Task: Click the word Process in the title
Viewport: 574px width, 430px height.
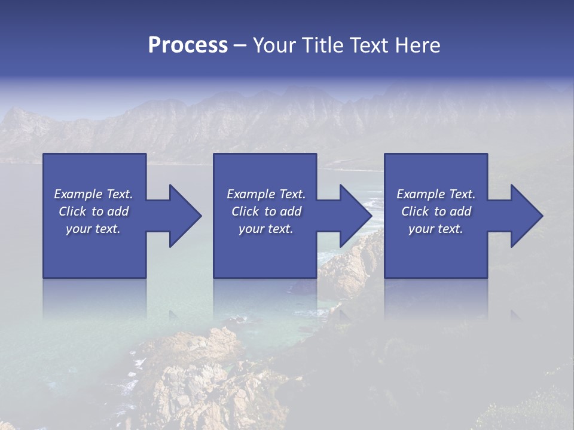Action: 188,45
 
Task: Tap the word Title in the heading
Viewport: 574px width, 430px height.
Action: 323,45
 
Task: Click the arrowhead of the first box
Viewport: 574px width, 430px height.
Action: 183,216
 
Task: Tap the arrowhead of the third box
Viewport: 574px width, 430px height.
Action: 525,216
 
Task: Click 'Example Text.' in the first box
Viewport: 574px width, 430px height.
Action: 93,194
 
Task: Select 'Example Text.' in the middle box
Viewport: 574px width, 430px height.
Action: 266,194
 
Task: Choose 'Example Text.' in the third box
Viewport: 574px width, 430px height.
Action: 436,194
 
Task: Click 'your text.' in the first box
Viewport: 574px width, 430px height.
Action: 93,229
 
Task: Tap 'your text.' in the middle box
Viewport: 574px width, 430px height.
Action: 266,229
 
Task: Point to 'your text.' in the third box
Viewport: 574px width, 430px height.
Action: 436,229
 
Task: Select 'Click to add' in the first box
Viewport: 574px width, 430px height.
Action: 93,211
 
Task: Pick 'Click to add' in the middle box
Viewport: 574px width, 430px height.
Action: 266,211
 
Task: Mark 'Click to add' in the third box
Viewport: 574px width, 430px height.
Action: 436,211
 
